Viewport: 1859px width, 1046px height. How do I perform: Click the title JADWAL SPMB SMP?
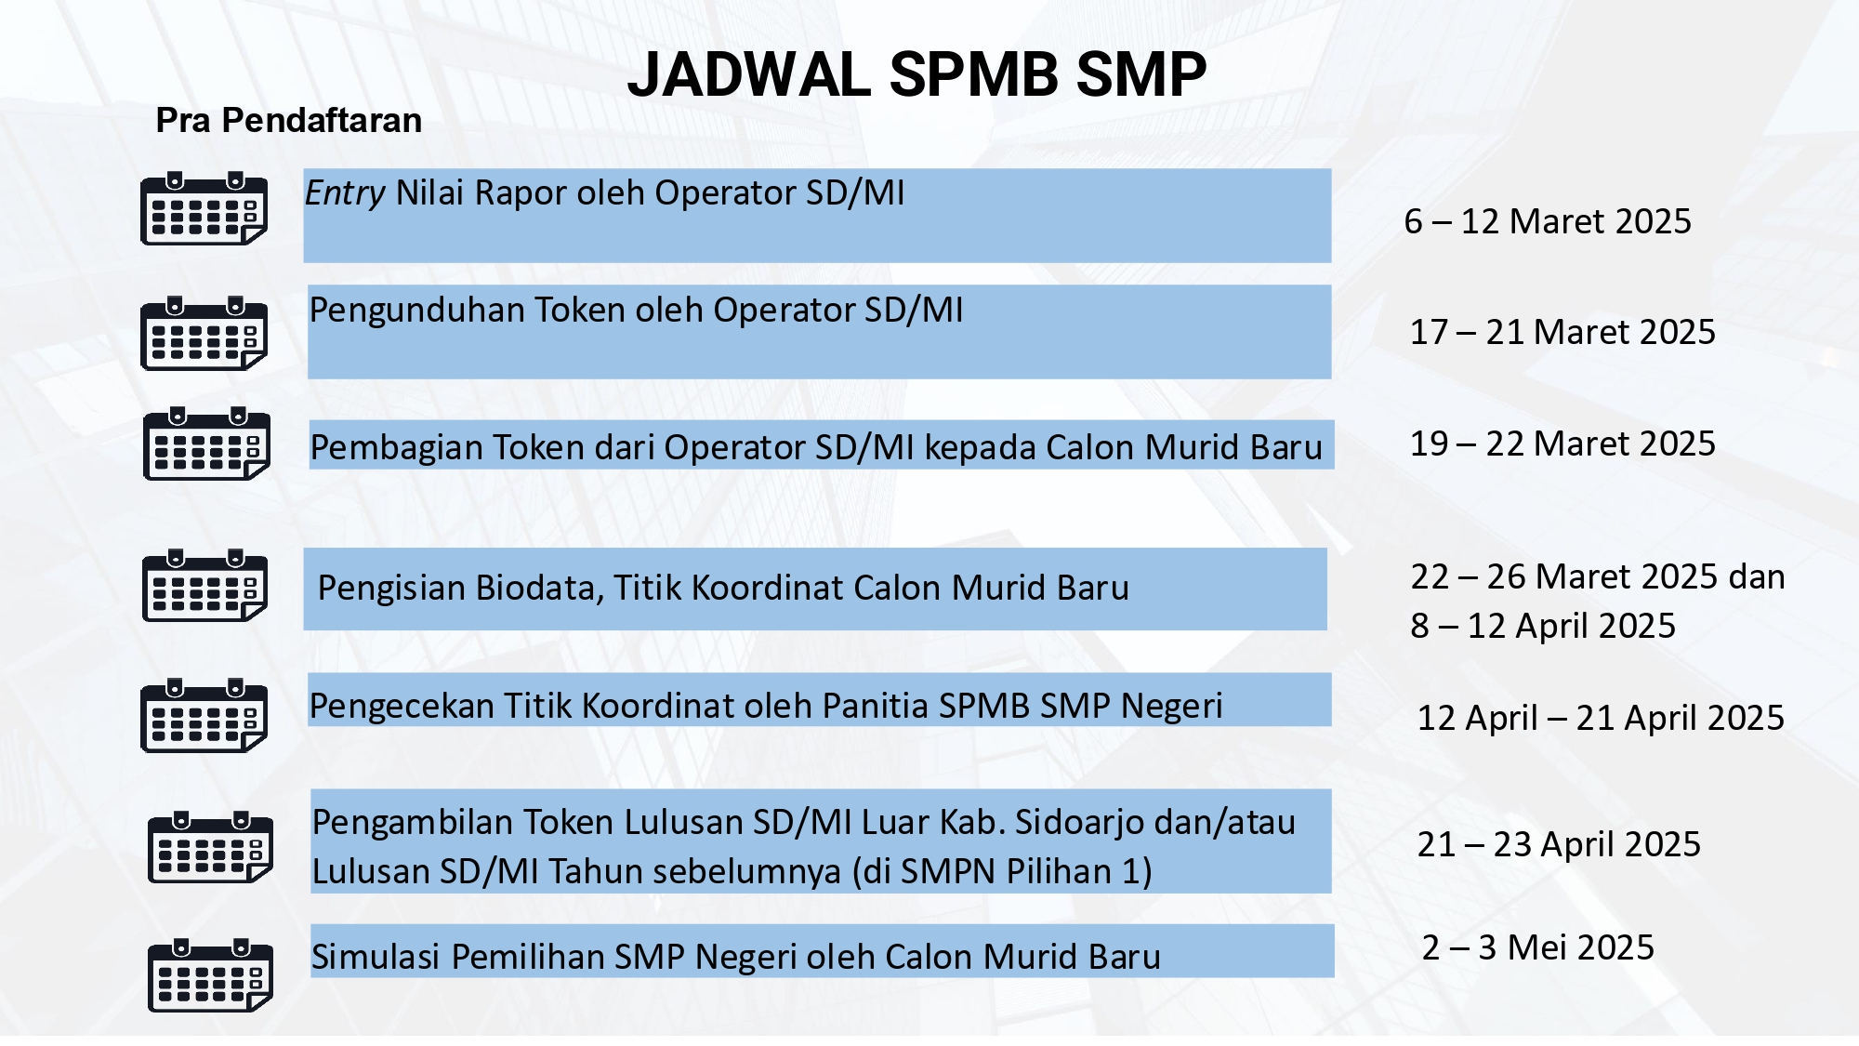point(916,74)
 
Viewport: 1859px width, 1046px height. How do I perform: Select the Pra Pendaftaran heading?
point(288,121)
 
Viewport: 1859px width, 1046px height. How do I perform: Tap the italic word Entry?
point(345,193)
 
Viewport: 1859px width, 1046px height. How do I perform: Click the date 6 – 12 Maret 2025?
point(1548,221)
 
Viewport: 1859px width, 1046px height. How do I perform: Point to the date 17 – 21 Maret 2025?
point(1562,332)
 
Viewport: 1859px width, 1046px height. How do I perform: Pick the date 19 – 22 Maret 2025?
point(1562,444)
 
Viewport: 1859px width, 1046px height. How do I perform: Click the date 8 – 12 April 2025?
point(1543,626)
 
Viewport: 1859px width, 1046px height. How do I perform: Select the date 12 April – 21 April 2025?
point(1601,718)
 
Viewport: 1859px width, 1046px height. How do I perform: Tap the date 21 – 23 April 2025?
point(1559,844)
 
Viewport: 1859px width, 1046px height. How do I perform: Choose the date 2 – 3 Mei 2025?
point(1538,947)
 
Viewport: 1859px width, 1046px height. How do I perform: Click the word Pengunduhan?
point(417,311)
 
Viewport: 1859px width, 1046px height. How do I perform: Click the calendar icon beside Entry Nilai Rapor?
point(204,208)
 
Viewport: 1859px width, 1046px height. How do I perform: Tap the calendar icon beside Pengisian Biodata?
point(204,585)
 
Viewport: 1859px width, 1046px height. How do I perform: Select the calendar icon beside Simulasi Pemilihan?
point(210,975)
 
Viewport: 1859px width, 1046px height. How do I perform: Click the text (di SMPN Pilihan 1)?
point(1001,872)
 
